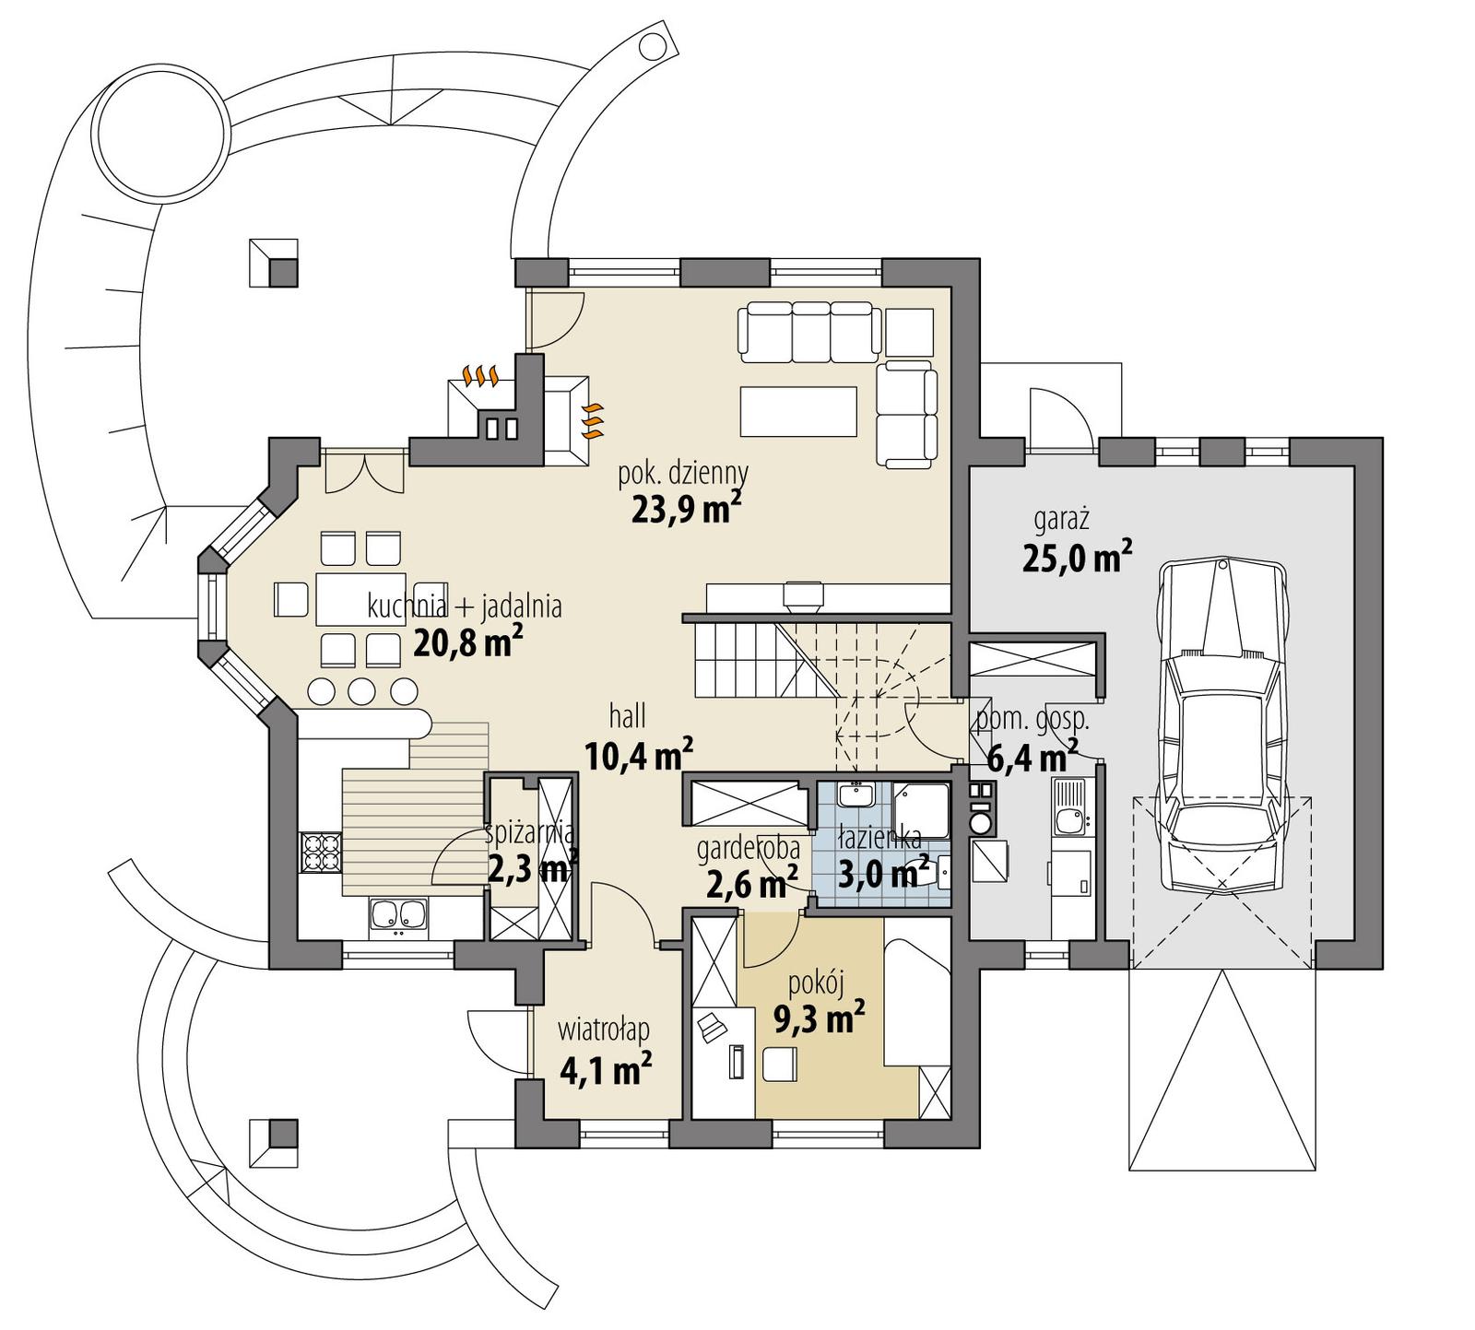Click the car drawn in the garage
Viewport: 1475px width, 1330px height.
(x=1222, y=728)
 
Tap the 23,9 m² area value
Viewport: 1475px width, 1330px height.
(x=686, y=508)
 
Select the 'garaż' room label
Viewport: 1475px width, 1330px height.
(x=1061, y=521)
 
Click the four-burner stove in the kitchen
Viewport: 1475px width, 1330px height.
(x=319, y=851)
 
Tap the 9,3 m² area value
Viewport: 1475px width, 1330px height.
(x=819, y=1018)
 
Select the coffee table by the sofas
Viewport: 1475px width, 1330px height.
(x=798, y=411)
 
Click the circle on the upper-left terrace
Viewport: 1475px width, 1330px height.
(x=160, y=135)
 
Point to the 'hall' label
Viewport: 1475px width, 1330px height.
(x=627, y=715)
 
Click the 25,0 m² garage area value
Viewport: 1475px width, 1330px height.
(x=1076, y=558)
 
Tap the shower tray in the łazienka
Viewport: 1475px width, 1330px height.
(x=920, y=810)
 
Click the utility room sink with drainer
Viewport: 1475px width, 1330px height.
(x=1070, y=806)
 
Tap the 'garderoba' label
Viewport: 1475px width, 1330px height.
(x=748, y=847)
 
